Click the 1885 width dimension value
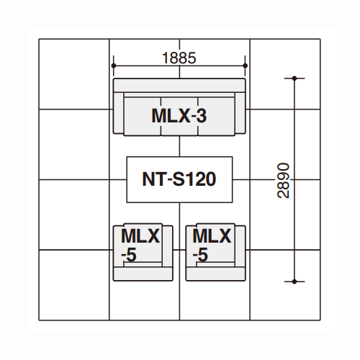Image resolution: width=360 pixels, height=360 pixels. [179, 58]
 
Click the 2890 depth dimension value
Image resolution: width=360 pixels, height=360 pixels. [284, 180]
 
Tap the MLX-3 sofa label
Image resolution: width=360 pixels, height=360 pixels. [179, 116]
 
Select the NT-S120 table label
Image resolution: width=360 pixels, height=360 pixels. [179, 179]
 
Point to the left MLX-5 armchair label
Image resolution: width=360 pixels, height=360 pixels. [140, 245]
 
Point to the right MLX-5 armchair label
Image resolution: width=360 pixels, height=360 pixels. [212, 245]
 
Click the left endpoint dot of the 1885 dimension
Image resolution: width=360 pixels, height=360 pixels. [114, 66]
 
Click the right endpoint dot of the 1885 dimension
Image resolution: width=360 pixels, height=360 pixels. [245, 66]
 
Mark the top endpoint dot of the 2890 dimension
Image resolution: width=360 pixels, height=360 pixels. [294, 78]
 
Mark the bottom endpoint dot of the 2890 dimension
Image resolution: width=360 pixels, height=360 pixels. [294, 282]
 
